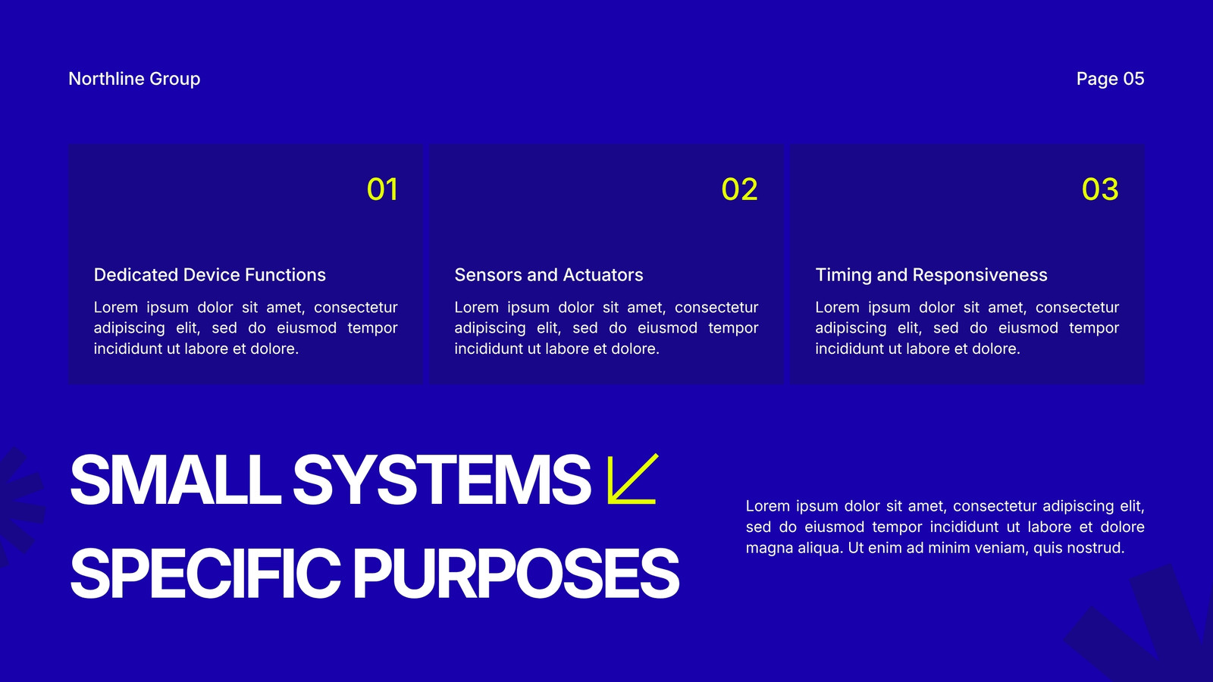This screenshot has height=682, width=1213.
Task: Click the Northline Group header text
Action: (134, 79)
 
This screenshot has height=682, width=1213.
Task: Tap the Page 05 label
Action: (1110, 79)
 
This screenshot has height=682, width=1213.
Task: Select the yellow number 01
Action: (382, 189)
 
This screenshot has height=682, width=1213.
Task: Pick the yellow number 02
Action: (739, 189)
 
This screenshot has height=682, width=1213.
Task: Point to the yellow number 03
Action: (1100, 189)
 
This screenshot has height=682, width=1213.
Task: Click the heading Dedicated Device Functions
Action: (209, 275)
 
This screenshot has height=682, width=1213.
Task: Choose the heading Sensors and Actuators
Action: (549, 275)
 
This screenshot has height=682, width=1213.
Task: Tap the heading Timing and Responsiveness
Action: (932, 275)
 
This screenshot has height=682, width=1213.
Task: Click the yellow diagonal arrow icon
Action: (632, 479)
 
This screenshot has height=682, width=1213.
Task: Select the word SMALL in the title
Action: (175, 480)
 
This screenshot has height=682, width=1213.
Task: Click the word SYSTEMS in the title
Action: (441, 480)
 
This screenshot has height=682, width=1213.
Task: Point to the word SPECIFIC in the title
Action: (205, 573)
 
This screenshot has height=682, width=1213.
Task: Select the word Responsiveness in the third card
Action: (979, 275)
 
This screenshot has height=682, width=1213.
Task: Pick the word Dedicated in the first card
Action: (136, 275)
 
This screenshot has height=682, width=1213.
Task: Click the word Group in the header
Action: (175, 79)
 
